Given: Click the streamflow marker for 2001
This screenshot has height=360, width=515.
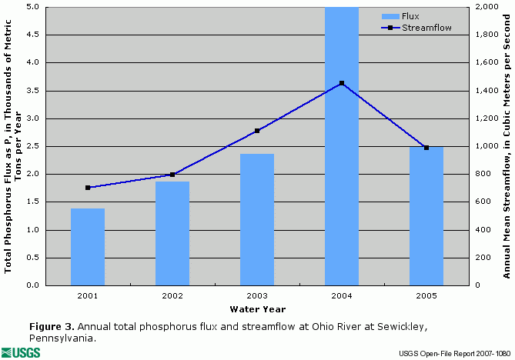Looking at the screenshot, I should (x=88, y=188).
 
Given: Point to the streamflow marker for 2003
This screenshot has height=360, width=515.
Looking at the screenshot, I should (x=257, y=131).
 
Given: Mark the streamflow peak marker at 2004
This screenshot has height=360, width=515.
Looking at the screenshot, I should (x=342, y=83).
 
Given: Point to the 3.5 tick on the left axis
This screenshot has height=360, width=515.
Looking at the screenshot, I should (x=35, y=91).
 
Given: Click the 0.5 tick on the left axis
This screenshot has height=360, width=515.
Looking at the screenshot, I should (x=35, y=258).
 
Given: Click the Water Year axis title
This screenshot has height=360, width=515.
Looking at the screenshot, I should (x=257, y=310).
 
